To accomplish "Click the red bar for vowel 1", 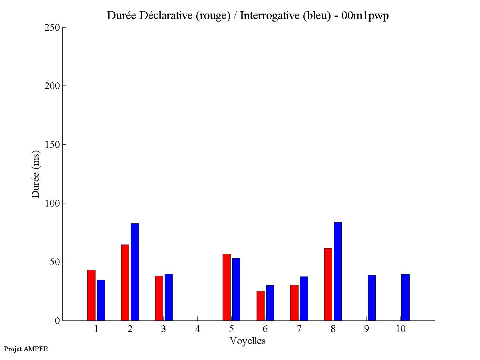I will [91, 295].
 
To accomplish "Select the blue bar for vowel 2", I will [135, 272].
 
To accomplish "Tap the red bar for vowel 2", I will [125, 282].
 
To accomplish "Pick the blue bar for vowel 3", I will [168, 297].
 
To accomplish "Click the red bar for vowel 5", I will [227, 287].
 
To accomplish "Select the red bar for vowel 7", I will [294, 302].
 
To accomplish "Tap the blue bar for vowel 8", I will [338, 271].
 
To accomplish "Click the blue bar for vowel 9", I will [371, 298].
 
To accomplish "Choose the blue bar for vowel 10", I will [405, 297].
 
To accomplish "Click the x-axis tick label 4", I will [197, 329].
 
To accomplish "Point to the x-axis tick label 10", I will [400, 329].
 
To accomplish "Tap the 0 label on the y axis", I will [57, 320].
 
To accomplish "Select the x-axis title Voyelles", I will [248, 341].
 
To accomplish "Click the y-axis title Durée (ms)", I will [36, 174].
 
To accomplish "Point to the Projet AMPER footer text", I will [26, 349].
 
